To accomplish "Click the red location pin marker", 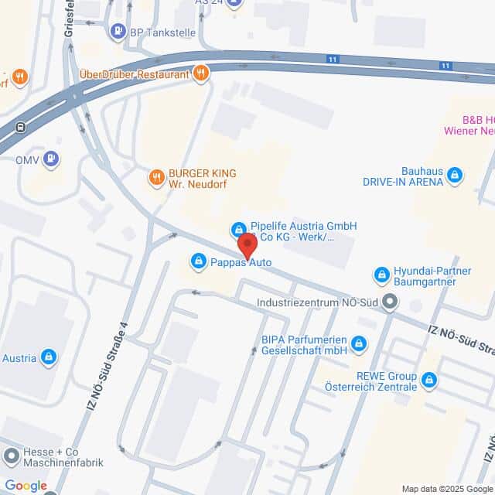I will [247, 245].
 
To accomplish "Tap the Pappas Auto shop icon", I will [199, 261].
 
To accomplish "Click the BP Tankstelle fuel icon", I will [118, 32].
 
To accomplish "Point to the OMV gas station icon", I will [51, 159].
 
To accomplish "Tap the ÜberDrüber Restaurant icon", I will [201, 73].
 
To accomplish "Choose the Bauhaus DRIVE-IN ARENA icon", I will [456, 176].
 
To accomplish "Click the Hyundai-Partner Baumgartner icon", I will [381, 275].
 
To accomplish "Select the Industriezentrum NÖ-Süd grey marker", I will [389, 302].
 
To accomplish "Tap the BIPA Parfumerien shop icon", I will [358, 343].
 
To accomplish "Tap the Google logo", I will [26, 486].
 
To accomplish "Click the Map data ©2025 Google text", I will [447, 489].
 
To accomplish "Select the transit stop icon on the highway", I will [19, 127].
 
